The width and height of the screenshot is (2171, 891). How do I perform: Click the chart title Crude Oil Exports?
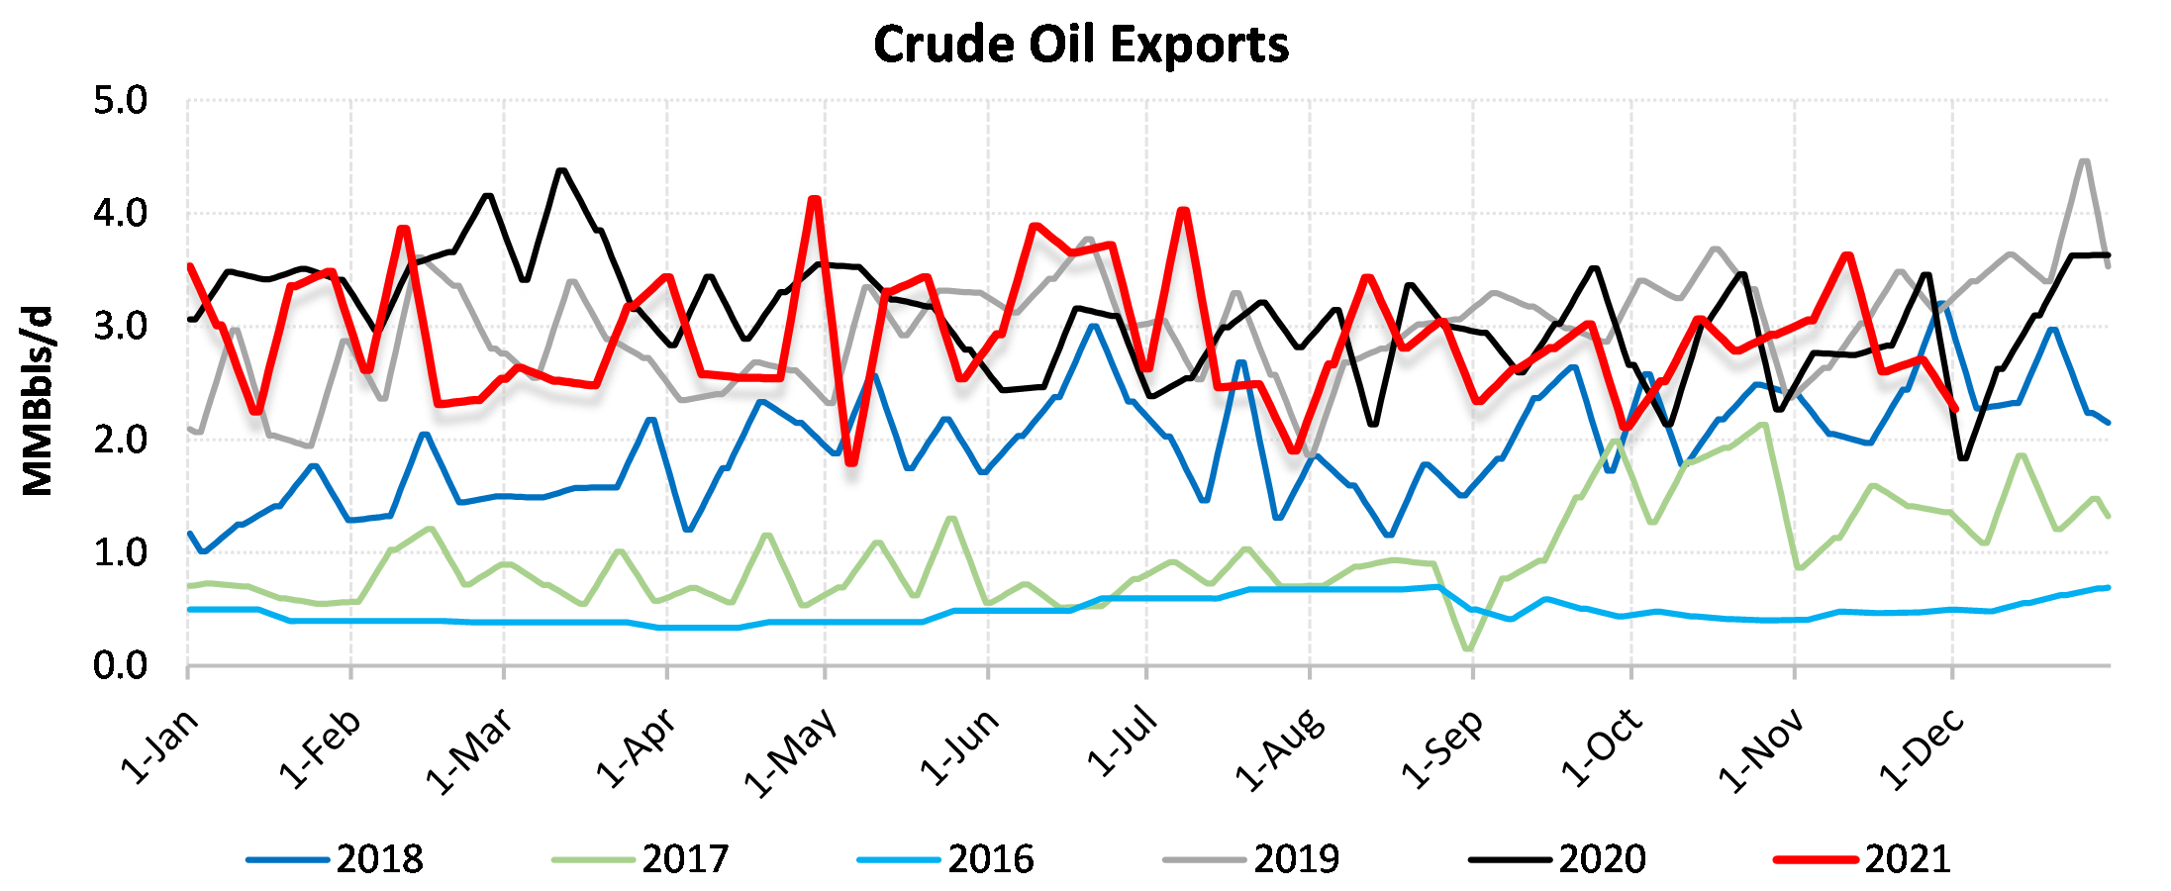(x=1081, y=45)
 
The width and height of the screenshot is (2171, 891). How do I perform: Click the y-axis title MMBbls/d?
(x=38, y=401)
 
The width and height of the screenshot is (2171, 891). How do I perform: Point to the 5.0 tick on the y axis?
(x=120, y=101)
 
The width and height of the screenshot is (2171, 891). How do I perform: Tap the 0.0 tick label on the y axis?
(x=120, y=666)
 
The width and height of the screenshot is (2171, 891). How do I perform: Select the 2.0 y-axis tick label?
(x=120, y=440)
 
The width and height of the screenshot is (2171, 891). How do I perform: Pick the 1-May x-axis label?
(x=791, y=752)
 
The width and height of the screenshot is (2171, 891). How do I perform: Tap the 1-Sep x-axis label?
(x=1442, y=749)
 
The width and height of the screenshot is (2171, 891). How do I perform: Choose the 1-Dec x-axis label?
(x=1922, y=749)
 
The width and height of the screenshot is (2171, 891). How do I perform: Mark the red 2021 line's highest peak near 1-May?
(x=815, y=199)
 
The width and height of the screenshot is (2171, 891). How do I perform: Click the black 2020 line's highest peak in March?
(x=562, y=170)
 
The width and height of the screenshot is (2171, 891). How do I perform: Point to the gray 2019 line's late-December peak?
(x=2085, y=160)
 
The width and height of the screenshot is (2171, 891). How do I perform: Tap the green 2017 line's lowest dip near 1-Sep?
(x=1467, y=649)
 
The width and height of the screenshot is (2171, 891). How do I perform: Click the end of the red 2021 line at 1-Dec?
(x=1953, y=407)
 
